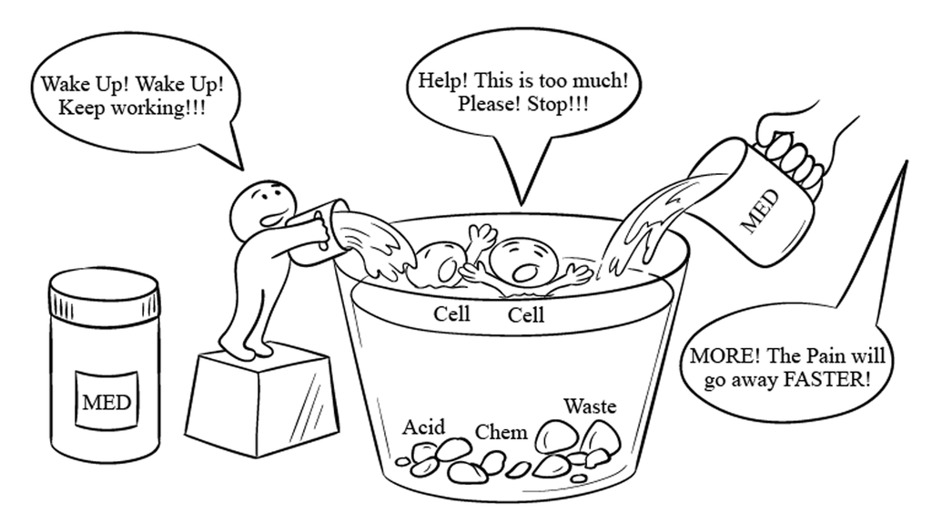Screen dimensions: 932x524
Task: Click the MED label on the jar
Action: coord(106,402)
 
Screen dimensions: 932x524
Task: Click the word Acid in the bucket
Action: coord(423,426)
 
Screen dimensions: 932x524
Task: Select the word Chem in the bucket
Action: coord(501,432)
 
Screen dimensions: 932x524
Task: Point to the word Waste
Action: coord(590,406)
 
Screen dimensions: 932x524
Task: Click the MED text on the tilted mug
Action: coord(761,211)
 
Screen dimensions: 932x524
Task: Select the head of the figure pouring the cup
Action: coord(263,205)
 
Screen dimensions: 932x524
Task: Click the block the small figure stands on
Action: coord(262,403)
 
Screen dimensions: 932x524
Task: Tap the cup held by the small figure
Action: coord(317,232)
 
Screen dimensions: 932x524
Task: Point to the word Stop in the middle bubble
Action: coord(558,104)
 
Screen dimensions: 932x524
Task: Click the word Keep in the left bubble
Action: coord(81,108)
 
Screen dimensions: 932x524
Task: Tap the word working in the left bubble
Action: coord(157,109)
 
